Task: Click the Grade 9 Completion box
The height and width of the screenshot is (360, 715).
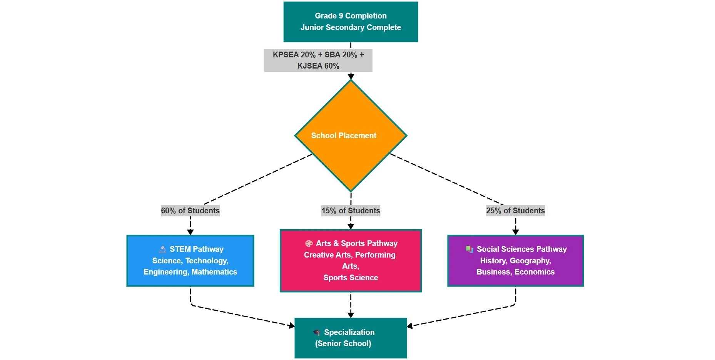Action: tap(351, 22)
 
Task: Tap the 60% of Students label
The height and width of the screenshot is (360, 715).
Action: tap(190, 211)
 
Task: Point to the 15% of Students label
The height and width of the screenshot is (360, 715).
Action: tap(351, 211)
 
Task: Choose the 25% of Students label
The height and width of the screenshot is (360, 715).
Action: tap(515, 211)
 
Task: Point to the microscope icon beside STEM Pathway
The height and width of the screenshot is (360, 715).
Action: tap(163, 249)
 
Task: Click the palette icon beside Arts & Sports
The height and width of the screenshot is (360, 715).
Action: tap(309, 244)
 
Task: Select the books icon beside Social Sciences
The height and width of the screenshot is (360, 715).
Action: tap(469, 249)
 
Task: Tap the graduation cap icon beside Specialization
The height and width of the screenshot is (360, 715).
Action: tap(317, 332)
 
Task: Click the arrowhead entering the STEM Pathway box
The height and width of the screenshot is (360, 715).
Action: tap(190, 232)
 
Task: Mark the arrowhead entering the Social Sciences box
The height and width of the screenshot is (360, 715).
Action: tap(515, 232)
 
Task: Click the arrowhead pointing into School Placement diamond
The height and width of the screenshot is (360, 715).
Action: tap(351, 77)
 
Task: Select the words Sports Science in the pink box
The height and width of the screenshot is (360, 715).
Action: tap(351, 278)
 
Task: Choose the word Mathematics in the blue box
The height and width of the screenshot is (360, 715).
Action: tap(214, 272)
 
